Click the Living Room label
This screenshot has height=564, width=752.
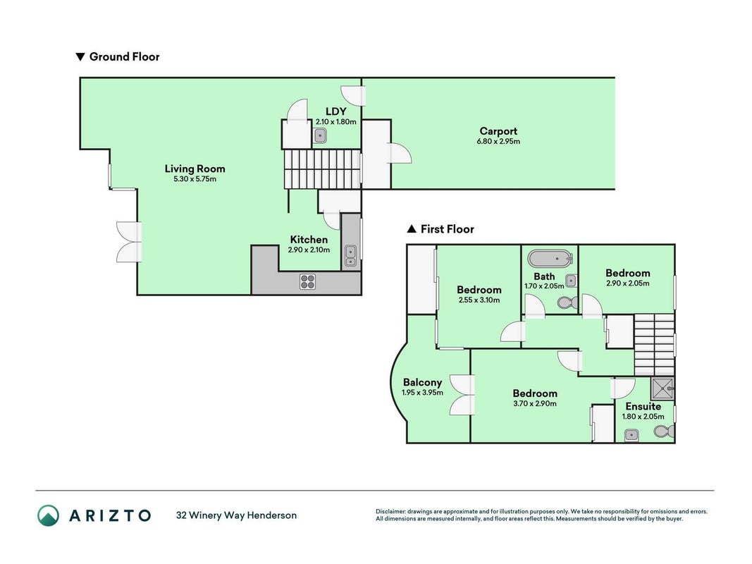(x=195, y=168)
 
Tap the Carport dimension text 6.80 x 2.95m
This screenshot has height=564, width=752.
(x=498, y=142)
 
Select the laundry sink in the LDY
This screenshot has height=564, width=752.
(x=321, y=136)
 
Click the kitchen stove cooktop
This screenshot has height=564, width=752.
(x=307, y=281)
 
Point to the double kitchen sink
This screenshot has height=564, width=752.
(x=350, y=256)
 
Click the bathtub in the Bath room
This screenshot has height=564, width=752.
(x=550, y=259)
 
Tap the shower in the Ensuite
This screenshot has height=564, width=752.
(x=662, y=388)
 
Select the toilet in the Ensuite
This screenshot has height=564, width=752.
(x=664, y=431)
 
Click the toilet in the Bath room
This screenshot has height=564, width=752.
(x=568, y=302)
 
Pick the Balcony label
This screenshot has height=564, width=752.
(x=423, y=383)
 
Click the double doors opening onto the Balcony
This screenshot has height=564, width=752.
(x=462, y=395)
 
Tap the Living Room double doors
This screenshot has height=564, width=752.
(x=129, y=242)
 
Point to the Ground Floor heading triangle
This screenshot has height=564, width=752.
(x=80, y=57)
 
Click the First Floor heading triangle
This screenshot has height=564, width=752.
(x=412, y=229)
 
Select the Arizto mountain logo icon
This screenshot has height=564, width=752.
(x=49, y=515)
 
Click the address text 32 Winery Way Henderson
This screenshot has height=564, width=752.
(x=236, y=515)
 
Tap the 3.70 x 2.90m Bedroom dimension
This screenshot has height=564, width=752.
(x=535, y=404)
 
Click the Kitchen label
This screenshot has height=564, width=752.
(x=309, y=240)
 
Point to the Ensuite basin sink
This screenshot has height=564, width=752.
(x=631, y=436)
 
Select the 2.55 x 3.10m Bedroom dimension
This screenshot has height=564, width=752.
(x=479, y=300)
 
